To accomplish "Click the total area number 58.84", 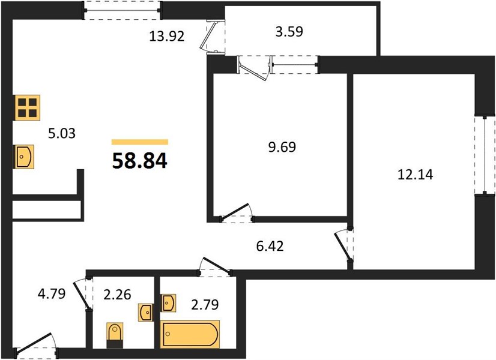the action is tap(139, 161).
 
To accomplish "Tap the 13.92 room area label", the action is tap(167, 37).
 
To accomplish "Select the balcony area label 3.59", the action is tap(289, 32).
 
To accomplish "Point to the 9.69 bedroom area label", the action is tap(282, 147).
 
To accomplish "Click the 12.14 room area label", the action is tap(415, 175).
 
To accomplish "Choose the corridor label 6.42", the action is tap(270, 245).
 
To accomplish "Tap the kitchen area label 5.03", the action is tap(62, 133).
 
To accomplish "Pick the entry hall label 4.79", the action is tap(52, 293).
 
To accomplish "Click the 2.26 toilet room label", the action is tap(117, 295).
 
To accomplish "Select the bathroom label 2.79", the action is tap(205, 305).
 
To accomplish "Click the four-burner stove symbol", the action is tap(28, 107).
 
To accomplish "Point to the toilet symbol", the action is tap(115, 335).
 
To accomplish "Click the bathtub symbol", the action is tap(190, 334).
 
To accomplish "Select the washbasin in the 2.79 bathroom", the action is tap(168, 303).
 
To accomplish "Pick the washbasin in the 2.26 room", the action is tap(146, 313).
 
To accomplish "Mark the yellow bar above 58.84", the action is tap(140, 142).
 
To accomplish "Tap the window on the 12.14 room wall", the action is tap(485, 155).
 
